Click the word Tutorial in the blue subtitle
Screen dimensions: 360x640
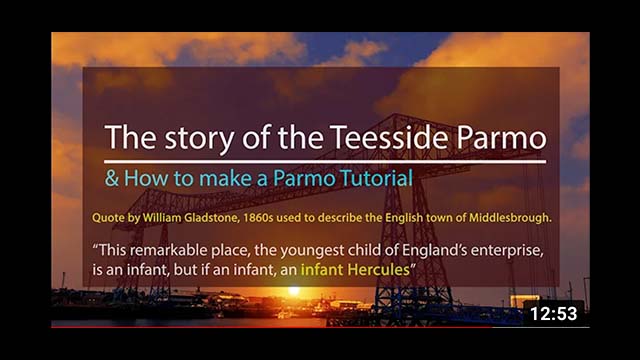coord(349,180)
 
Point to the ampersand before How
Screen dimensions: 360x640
coord(112,180)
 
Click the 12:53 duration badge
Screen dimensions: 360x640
coord(553,313)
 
